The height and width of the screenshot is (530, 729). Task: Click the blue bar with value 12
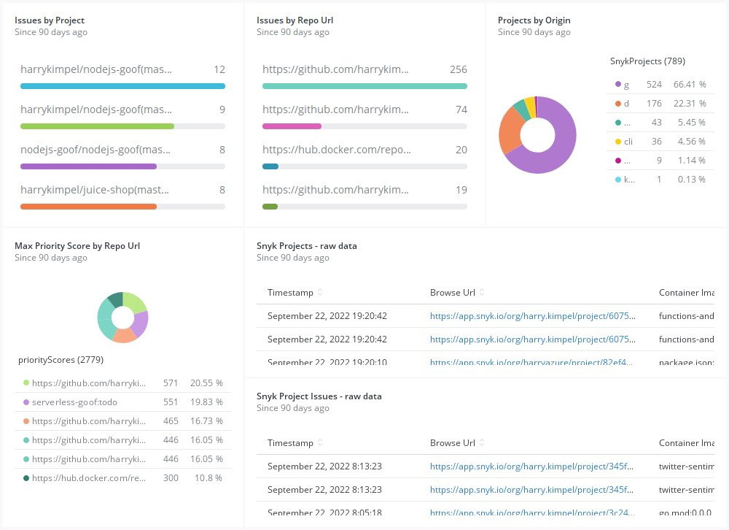[122, 86]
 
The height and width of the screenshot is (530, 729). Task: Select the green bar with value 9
[97, 126]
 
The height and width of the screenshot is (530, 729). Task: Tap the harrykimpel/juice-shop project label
[95, 190]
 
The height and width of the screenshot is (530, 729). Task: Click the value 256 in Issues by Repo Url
[458, 69]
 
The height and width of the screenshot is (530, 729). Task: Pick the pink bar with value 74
[292, 126]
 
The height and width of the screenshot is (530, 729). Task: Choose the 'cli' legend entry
[628, 142]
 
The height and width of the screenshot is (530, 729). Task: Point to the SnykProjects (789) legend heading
[647, 61]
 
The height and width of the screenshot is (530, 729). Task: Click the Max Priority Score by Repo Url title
[77, 246]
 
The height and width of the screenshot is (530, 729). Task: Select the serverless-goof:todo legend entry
[74, 402]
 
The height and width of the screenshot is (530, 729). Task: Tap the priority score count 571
[171, 383]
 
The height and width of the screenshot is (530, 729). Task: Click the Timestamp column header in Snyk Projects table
[290, 293]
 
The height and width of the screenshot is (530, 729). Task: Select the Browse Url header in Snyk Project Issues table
[452, 443]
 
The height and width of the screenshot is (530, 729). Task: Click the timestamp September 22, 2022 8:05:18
[327, 512]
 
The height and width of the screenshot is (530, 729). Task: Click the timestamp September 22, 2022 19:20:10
[327, 362]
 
